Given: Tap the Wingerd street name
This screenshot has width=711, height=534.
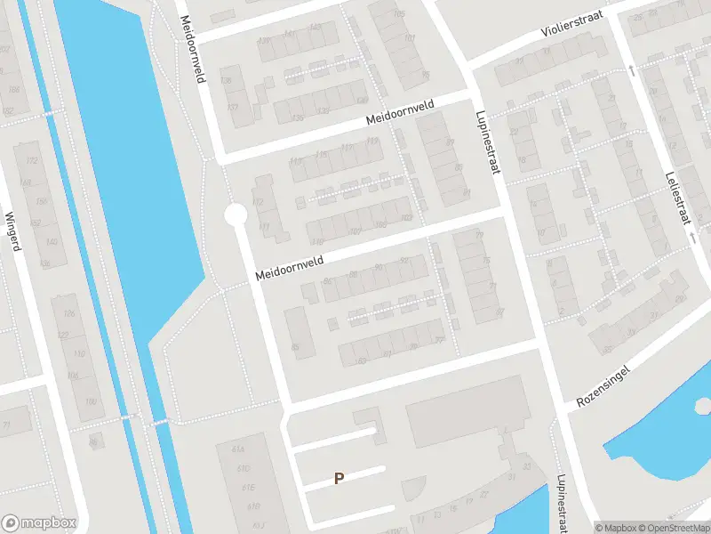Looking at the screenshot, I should [x=12, y=231].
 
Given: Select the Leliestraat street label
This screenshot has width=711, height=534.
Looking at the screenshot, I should [x=676, y=198].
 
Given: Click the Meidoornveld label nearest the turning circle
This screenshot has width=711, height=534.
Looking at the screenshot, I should [x=290, y=266].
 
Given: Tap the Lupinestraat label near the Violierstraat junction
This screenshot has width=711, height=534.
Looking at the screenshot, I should [x=489, y=142].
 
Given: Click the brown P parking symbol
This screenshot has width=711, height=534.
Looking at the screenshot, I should [x=339, y=479].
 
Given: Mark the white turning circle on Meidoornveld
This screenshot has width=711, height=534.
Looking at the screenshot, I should [x=235, y=214].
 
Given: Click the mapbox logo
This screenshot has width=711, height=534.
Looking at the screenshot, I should [x=39, y=522].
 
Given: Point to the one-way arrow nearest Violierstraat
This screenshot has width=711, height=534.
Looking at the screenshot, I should [x=631, y=69].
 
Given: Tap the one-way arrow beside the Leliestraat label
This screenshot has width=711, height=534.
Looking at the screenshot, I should [x=692, y=238].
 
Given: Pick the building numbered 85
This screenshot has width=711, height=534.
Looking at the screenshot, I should [x=294, y=345].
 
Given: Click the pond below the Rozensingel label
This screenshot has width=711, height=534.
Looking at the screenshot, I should [x=658, y=436].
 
